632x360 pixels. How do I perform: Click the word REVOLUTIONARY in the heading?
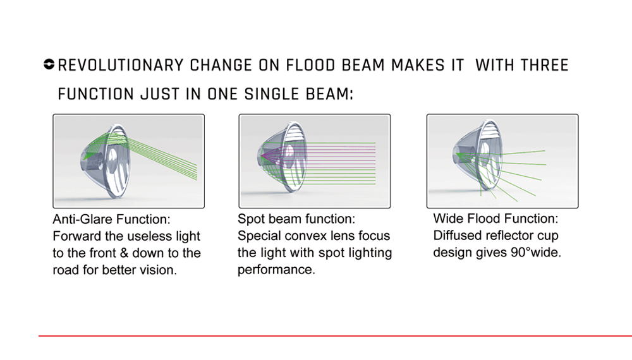(121, 65)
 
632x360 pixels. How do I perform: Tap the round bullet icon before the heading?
(49, 64)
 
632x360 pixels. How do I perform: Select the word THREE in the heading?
(545, 65)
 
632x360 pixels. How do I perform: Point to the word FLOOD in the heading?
(310, 65)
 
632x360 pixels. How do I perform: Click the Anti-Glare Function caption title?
(112, 219)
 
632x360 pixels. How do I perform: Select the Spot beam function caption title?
(296, 219)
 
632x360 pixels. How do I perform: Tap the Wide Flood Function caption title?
(495, 219)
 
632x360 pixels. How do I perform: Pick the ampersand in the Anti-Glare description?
(124, 253)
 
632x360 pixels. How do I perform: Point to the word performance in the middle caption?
(276, 270)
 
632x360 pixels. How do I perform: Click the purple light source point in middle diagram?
(262, 155)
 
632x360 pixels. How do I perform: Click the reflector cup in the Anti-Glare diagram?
(106, 160)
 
